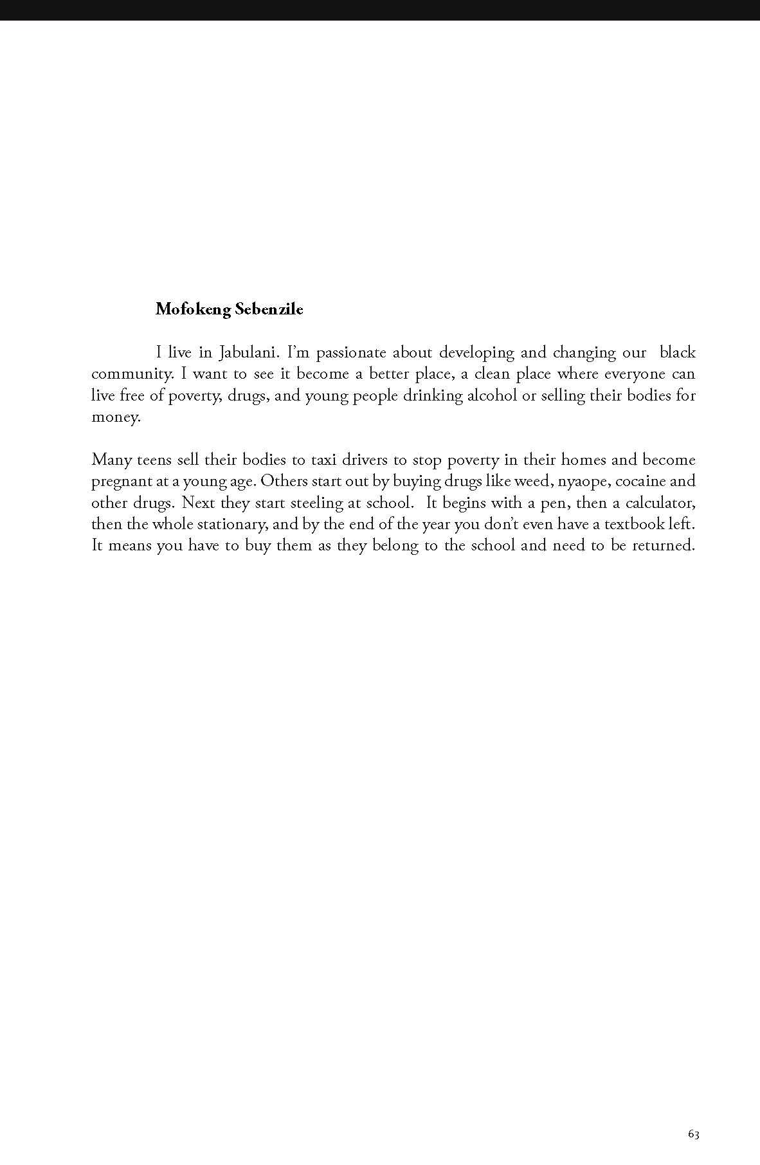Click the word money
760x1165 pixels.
pos(115,417)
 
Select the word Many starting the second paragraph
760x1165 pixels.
pos(112,460)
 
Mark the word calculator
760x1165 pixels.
pos(660,503)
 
